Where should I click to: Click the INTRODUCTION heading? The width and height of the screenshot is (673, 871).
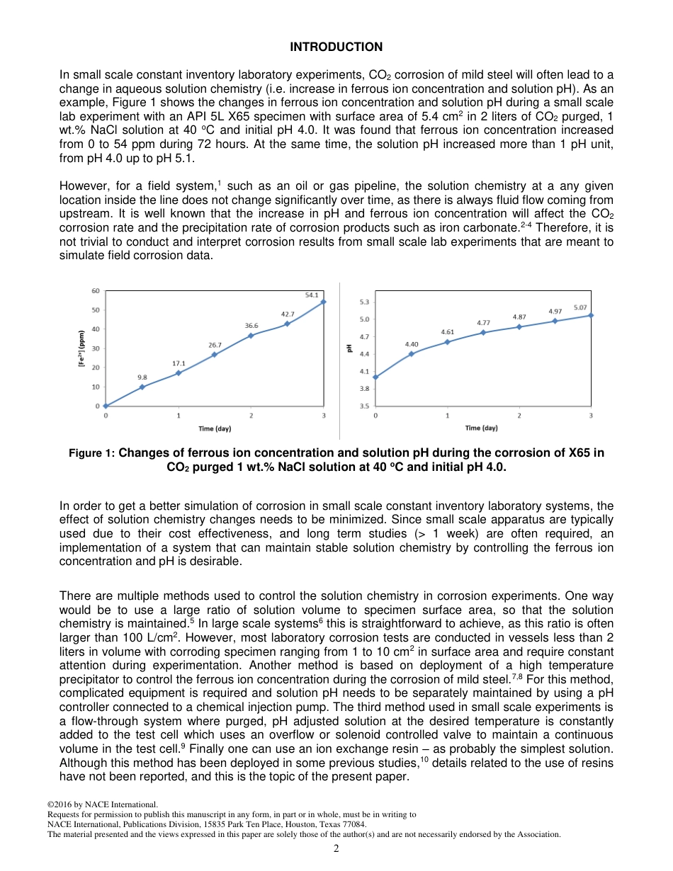pos(336,47)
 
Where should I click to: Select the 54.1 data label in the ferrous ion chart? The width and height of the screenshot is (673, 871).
pos(312,295)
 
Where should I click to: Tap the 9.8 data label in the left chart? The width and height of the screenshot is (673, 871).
pos(142,377)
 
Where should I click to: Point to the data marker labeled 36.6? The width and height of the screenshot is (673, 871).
pos(251,335)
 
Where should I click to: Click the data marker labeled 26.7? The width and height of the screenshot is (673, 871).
pos(214,354)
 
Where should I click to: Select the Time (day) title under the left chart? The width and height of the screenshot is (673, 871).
pos(214,428)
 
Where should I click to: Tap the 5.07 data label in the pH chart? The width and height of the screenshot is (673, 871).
pos(580,307)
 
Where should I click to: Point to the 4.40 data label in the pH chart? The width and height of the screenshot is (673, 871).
pos(412,344)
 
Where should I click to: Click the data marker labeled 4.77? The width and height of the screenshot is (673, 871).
pos(483,332)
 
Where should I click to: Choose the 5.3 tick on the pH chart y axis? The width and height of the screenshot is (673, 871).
pos(364,302)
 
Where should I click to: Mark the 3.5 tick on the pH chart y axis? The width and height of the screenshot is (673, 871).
pos(364,406)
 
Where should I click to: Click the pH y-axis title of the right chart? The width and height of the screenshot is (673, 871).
pos(350,348)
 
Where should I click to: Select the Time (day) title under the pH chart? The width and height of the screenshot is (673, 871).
pos(482,428)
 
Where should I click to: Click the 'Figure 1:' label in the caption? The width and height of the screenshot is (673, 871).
pos(91,453)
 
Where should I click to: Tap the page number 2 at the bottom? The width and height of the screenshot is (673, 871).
pos(336,849)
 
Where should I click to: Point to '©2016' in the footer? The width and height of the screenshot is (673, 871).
pos(59,804)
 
